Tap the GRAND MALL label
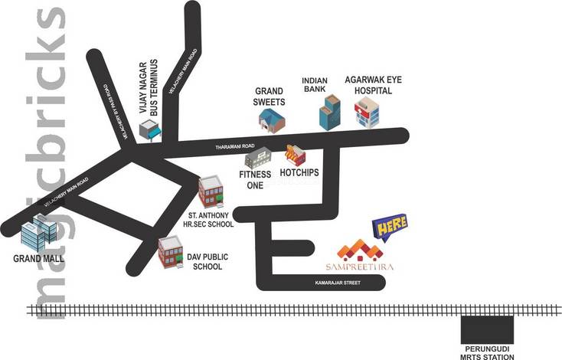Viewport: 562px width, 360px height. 38,258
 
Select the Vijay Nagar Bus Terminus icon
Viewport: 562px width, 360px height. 151,133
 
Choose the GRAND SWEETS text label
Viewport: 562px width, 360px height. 270,97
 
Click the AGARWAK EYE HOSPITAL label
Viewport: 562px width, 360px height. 368,84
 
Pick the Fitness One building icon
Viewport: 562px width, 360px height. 258,158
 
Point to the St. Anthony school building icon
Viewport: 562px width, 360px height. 210,191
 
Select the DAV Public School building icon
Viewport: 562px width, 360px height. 169,252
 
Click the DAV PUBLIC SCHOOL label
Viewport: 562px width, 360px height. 203,262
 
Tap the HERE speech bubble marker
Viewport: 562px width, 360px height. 390,227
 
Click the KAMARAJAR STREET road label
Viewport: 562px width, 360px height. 338,284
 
